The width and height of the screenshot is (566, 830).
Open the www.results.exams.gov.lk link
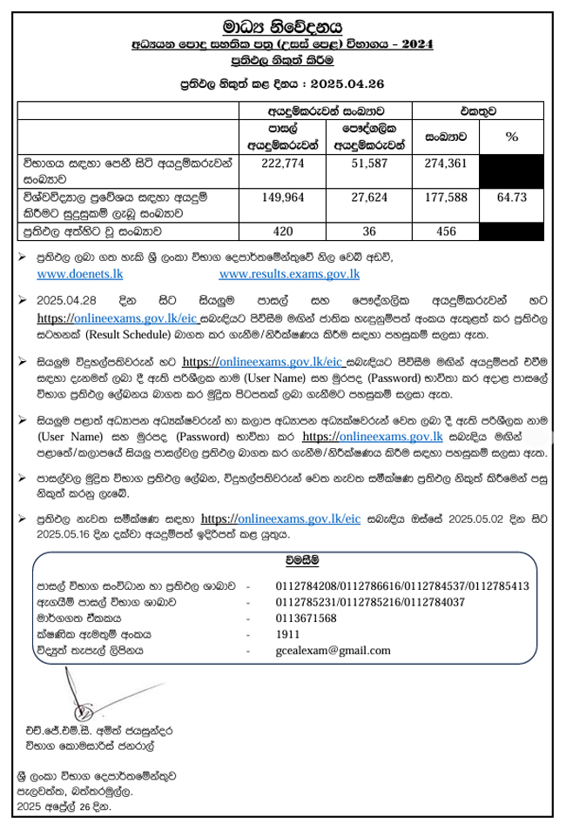tap(289, 275)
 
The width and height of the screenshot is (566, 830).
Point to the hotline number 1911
tap(287, 633)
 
